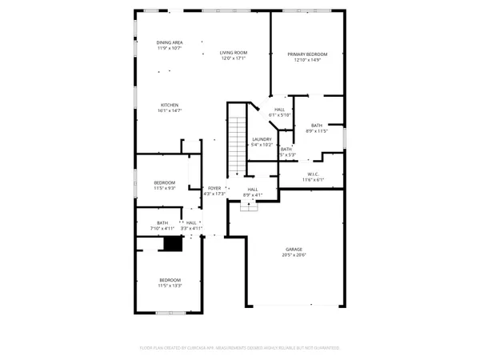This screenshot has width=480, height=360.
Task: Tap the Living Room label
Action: pos(232,53)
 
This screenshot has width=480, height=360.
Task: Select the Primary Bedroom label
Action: pos(307,54)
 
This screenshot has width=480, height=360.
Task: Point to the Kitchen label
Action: pos(169,106)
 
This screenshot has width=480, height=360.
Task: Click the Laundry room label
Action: pos(262,139)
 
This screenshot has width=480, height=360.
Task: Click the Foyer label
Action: pos(214,188)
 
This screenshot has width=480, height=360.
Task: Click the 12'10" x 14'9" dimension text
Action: pos(307,60)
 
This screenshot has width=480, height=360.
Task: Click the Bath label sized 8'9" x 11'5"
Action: pos(316,125)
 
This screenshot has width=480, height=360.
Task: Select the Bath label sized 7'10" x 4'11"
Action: pos(162,223)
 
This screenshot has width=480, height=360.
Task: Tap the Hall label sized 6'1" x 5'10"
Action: pos(279,110)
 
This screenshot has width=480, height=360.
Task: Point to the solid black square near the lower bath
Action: pos(170,245)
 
